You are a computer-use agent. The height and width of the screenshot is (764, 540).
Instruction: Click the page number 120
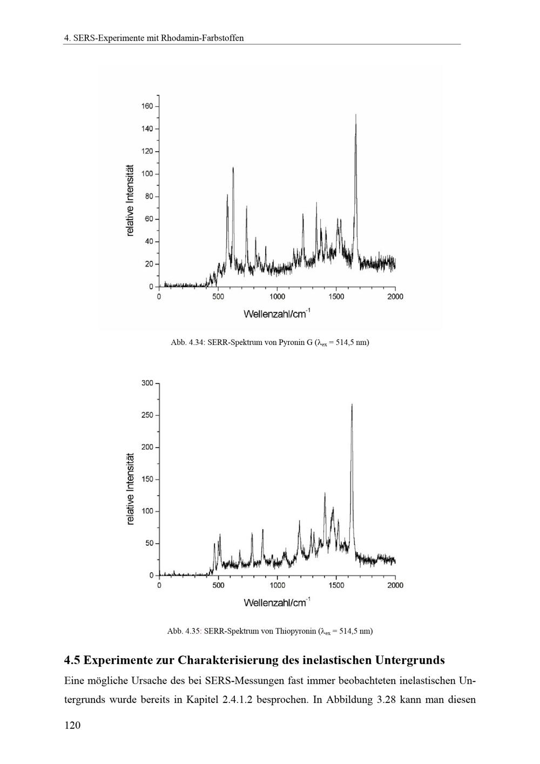coord(72,725)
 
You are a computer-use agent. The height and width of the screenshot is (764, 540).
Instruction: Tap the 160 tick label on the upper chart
coord(147,106)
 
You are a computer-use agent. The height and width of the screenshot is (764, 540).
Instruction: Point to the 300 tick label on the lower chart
coord(147,383)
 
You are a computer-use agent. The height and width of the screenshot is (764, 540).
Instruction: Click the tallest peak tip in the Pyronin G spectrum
coord(356,114)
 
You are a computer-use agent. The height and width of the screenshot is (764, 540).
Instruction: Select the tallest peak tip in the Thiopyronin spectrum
coord(352,404)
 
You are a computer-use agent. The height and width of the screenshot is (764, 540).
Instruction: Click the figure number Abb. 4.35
coord(184,631)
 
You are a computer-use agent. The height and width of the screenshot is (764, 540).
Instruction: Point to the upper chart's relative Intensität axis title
coord(130,200)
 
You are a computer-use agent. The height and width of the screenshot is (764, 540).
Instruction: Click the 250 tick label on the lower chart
coord(147,415)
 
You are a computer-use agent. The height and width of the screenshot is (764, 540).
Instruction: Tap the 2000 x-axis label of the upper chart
coord(395,296)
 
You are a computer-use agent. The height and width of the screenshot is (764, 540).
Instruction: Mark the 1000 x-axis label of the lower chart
coord(277,585)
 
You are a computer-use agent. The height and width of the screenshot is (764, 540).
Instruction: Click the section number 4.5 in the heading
coord(72,660)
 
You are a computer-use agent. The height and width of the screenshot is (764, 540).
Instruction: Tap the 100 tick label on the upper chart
coord(147,174)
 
